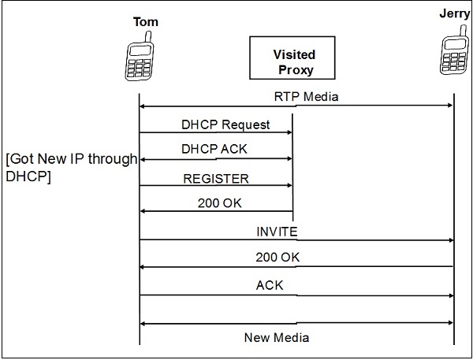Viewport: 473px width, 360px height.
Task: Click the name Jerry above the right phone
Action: click(x=454, y=13)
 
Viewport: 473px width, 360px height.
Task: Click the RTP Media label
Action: click(x=296, y=95)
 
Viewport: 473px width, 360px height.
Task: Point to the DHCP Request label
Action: click(x=225, y=124)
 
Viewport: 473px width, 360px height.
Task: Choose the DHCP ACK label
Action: click(x=215, y=148)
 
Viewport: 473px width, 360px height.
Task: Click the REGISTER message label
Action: click(x=215, y=178)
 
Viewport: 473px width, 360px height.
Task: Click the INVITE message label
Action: click(x=277, y=231)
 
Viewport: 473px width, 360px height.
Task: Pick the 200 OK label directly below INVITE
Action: click(x=277, y=257)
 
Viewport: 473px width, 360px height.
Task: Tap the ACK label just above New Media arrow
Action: click(x=270, y=285)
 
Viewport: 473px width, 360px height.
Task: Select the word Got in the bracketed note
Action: click(x=24, y=160)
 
